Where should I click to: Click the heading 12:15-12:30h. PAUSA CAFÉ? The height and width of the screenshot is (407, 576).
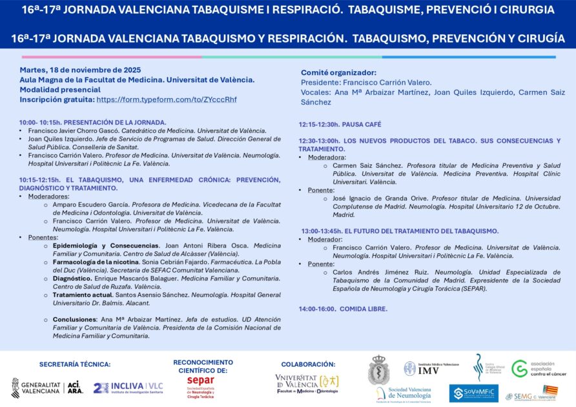click(x=340, y=124)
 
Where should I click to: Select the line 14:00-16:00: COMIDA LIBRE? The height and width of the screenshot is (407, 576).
click(x=343, y=309)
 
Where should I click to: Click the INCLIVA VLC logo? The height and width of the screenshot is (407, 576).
click(x=127, y=387)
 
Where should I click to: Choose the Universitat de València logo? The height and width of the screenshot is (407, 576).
click(x=307, y=384)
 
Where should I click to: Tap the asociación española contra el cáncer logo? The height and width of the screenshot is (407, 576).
click(x=538, y=369)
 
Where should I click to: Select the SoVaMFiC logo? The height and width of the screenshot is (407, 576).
click(x=473, y=393)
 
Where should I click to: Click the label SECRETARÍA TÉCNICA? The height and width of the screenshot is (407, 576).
click(x=75, y=364)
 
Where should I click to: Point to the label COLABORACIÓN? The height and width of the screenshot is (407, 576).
click(x=308, y=364)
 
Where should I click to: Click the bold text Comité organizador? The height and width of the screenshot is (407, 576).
click(x=338, y=72)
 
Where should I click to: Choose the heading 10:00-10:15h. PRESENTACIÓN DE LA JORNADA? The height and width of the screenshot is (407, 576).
click(x=92, y=122)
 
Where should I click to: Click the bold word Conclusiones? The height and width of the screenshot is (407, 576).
click(x=74, y=319)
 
